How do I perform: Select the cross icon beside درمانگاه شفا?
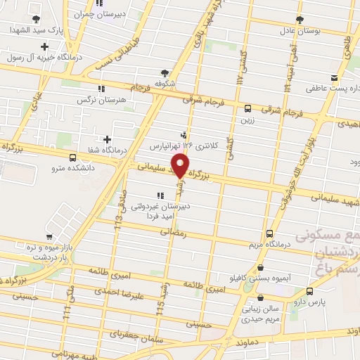(107, 139)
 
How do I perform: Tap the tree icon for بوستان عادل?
(300, 19)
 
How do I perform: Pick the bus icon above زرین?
(247, 108)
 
